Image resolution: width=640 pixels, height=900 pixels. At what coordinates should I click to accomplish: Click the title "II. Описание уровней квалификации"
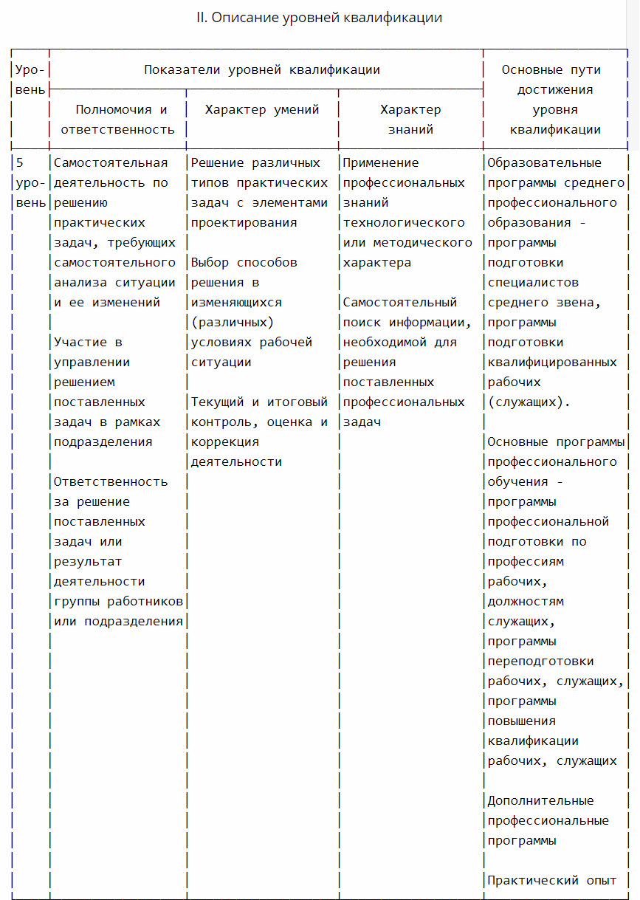point(319,18)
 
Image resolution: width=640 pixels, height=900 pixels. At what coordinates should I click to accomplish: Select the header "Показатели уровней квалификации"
point(262,70)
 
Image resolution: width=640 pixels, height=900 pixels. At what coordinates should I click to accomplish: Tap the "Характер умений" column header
point(262,110)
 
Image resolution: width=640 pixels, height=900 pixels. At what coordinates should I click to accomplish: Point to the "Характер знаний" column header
point(410,120)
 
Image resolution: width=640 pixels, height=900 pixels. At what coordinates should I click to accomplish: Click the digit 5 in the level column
point(20,163)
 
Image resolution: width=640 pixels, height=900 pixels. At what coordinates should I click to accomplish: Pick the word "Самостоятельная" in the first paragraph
point(111,163)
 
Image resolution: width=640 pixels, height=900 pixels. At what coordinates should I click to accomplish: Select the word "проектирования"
point(244,223)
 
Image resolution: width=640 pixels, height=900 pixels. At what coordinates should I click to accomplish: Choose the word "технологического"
point(404,223)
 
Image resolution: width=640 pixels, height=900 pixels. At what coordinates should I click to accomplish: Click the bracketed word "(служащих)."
point(529,402)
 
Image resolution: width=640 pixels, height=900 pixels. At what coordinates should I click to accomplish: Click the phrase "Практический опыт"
point(552,881)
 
